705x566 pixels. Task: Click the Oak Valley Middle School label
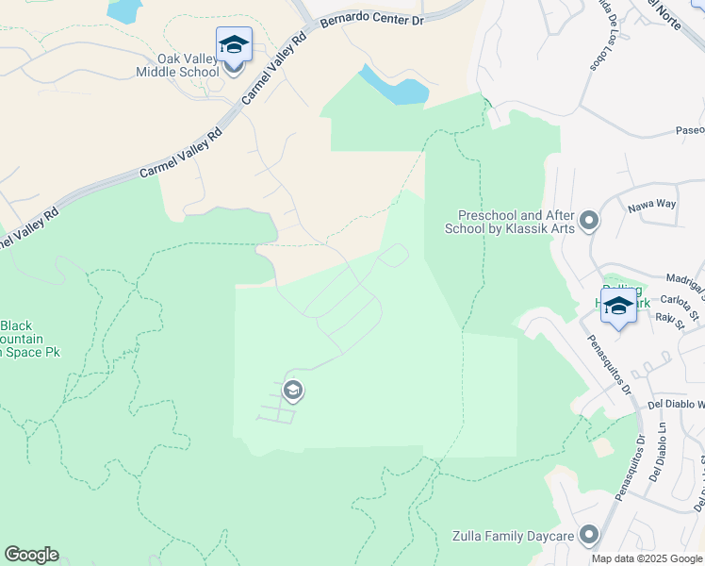pos(189,64)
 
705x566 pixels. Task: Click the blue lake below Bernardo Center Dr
pos(397,87)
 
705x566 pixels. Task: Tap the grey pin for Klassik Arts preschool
pos(590,221)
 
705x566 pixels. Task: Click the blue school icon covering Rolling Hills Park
pos(618,307)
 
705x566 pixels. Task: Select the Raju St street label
pos(668,319)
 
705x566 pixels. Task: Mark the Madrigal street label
pos(685,281)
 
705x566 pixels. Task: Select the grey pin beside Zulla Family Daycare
pos(590,535)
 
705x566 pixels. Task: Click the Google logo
pos(31,555)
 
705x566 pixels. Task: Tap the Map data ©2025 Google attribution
pos(647,558)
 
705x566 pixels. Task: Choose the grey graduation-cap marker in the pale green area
pos(292,391)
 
